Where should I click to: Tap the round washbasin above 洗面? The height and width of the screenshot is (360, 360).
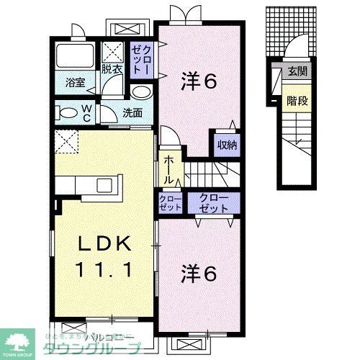coord(141,93)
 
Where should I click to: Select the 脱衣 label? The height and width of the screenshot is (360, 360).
coord(112,70)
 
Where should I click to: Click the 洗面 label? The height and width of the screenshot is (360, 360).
coord(132,112)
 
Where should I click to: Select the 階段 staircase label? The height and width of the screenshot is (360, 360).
coord(296,100)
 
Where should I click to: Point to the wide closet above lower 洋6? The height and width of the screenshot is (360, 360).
coord(214,202)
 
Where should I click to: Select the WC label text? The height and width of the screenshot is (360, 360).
coord(85,112)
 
